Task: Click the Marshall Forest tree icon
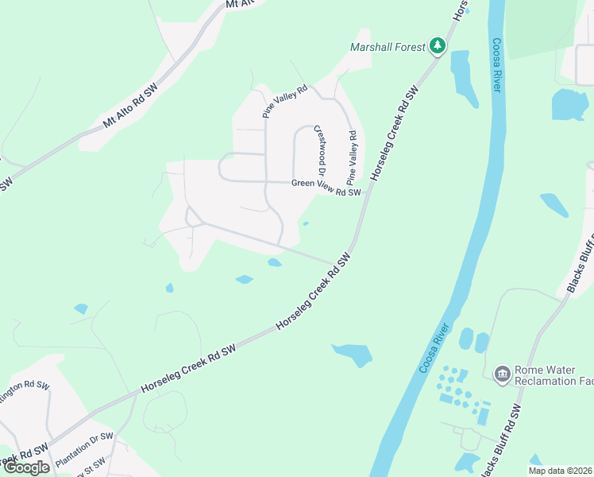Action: pyautogui.click(x=437, y=47)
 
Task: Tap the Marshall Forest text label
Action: pyautogui.click(x=388, y=47)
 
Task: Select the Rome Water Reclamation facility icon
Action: pyautogui.click(x=502, y=374)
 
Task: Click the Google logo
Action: pyautogui.click(x=26, y=467)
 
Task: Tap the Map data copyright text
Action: pyautogui.click(x=561, y=471)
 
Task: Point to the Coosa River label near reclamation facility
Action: pyautogui.click(x=436, y=350)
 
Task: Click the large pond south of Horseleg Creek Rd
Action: pyautogui.click(x=352, y=353)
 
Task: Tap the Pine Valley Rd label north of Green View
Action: pyautogui.click(x=284, y=102)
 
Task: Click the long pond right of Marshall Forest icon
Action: pyautogui.click(x=463, y=78)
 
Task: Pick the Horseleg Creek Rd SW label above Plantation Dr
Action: pyautogui.click(x=189, y=369)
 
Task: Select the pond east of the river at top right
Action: pyautogui.click(x=569, y=104)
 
